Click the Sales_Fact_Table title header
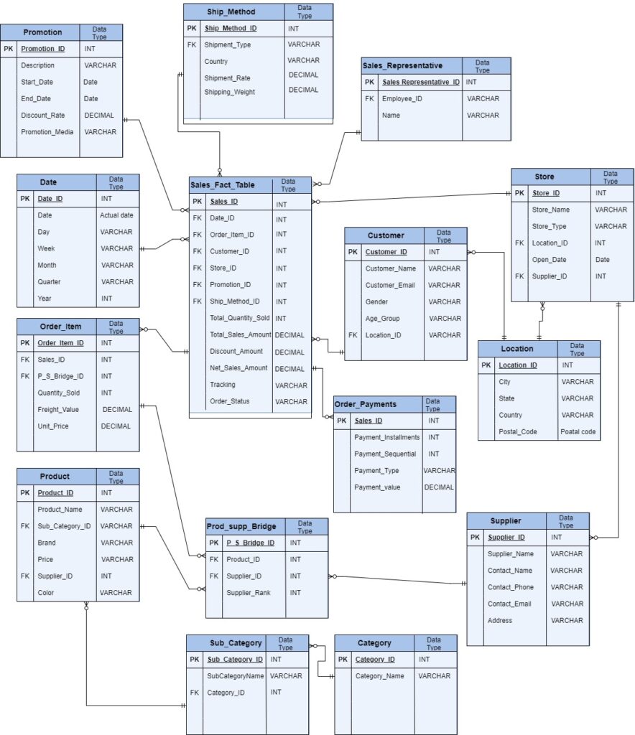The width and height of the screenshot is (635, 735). (222, 184)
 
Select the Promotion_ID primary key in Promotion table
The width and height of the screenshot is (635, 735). (42, 49)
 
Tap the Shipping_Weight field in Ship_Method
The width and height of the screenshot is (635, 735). (229, 92)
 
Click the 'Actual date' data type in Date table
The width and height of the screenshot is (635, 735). (116, 215)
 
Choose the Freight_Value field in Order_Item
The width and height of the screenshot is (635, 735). (58, 410)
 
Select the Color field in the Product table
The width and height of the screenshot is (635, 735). (46, 593)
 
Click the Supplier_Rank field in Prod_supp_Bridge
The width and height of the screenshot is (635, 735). (249, 592)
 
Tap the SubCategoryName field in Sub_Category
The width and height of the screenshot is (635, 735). (236, 675)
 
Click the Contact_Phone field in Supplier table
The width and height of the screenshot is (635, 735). (511, 587)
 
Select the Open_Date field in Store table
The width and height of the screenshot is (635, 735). (549, 259)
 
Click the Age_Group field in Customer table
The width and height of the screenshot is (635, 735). (382, 318)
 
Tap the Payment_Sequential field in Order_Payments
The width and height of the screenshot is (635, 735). (384, 454)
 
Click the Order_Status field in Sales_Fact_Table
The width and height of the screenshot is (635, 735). (229, 401)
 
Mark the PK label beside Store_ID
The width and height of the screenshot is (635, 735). (519, 193)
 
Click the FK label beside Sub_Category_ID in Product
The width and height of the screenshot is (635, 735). (25, 526)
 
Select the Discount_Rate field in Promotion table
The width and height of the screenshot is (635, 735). (42, 115)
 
